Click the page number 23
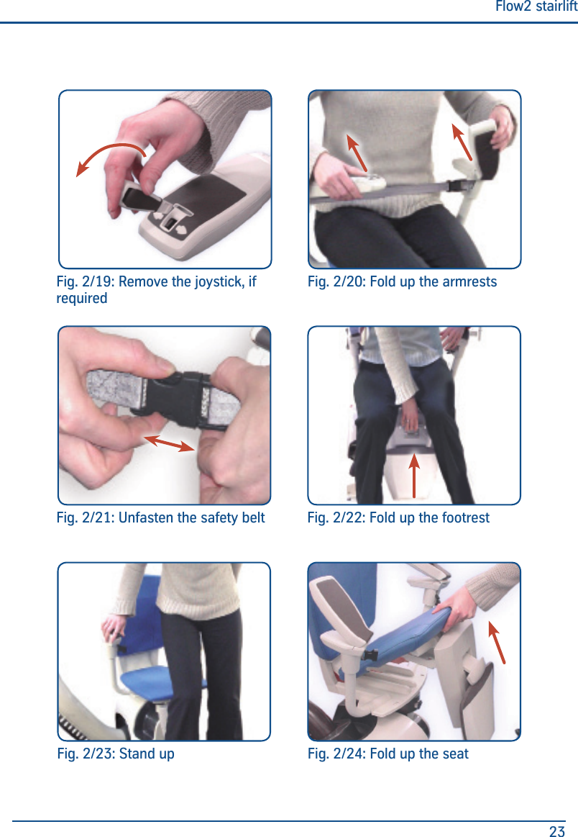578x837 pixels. click(556, 831)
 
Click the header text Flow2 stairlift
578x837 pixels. click(536, 7)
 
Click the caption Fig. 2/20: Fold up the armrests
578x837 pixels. click(402, 281)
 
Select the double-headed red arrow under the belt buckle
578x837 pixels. click(169, 443)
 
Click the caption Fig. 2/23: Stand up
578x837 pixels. click(116, 754)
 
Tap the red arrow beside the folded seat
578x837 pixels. click(497, 641)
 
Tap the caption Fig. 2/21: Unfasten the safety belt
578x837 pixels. click(160, 517)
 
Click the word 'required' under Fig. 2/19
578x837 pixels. click(82, 298)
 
